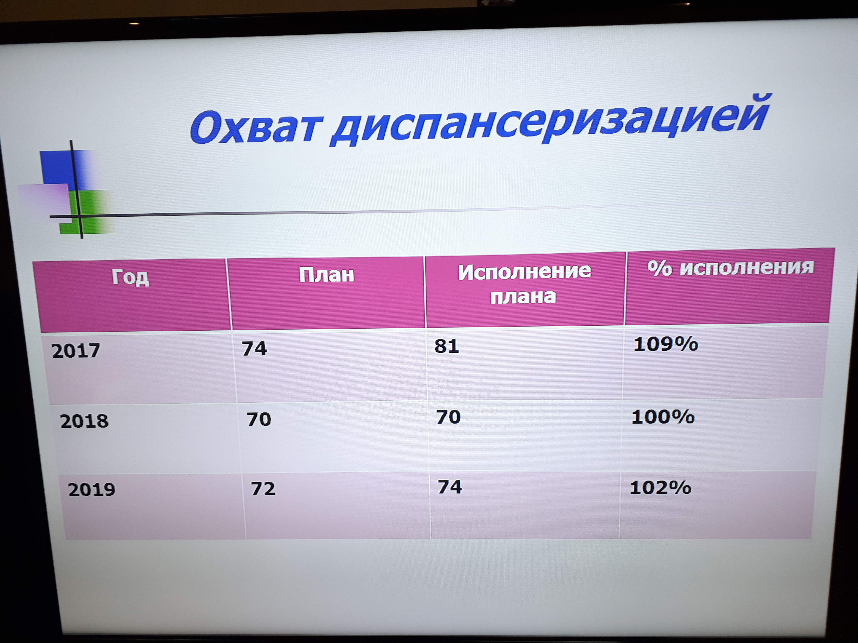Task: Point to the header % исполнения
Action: (730, 267)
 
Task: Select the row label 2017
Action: (76, 351)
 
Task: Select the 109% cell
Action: (666, 344)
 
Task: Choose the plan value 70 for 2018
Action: (259, 419)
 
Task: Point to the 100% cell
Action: (663, 417)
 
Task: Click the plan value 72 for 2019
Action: (263, 488)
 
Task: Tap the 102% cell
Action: (660, 487)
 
